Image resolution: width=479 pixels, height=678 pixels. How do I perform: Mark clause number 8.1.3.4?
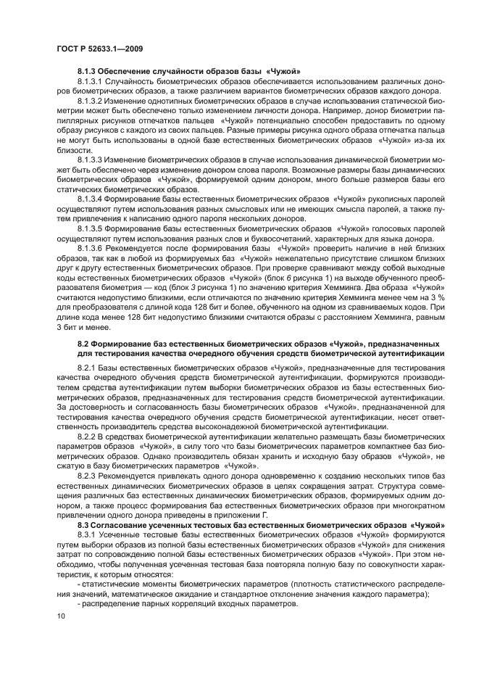pyautogui.click(x=91, y=197)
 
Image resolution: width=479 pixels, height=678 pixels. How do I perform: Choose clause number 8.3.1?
pyautogui.click(x=88, y=533)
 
